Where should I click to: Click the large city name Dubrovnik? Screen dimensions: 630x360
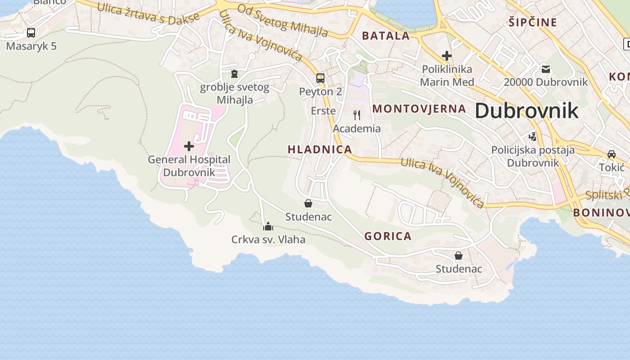[526, 111]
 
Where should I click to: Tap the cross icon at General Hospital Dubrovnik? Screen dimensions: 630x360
[189, 146]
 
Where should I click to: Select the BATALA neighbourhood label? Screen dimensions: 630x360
[386, 36]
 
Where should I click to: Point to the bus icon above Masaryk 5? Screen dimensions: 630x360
[31, 33]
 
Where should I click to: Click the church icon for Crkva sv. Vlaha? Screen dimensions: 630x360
[268, 226]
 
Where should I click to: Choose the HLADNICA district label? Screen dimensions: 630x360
[319, 149]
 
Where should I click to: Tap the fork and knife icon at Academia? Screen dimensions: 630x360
[357, 115]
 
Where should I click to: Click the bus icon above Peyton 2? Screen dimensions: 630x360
[320, 78]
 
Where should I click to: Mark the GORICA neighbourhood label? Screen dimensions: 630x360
[388, 236]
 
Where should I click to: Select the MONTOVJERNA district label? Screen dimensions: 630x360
[419, 108]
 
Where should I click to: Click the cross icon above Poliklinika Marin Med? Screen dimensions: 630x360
[446, 56]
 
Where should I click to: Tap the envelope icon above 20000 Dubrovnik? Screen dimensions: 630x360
[546, 69]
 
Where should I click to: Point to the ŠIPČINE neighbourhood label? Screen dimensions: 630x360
[533, 22]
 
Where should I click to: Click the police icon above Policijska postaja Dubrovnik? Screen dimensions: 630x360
[533, 136]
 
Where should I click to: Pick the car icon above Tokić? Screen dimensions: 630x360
[612, 154]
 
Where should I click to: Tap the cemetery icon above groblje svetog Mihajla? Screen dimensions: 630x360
[234, 74]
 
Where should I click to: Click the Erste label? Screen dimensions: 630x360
[323, 111]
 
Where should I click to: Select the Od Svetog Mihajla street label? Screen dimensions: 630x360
[282, 21]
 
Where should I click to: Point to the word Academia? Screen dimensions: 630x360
[357, 129]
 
